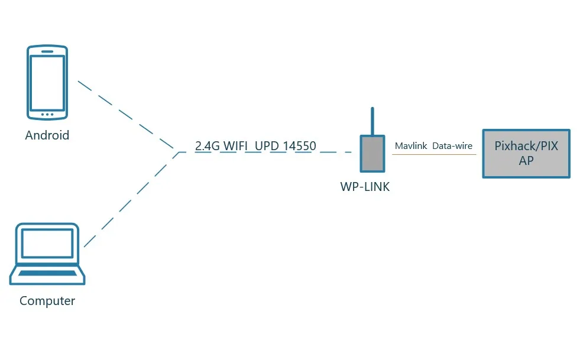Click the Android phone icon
coord(48,82)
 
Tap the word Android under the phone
coord(47,135)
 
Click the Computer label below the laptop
coord(47,301)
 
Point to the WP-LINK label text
coord(365,187)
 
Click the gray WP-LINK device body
coord(372,154)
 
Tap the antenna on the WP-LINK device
coord(372,121)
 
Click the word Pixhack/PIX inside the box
coord(526,147)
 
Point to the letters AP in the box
coord(526,161)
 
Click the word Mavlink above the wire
coord(410,145)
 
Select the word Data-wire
coord(452,145)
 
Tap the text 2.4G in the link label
coord(208,146)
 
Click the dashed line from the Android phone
coord(127,114)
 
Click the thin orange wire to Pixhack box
coord(434,155)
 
